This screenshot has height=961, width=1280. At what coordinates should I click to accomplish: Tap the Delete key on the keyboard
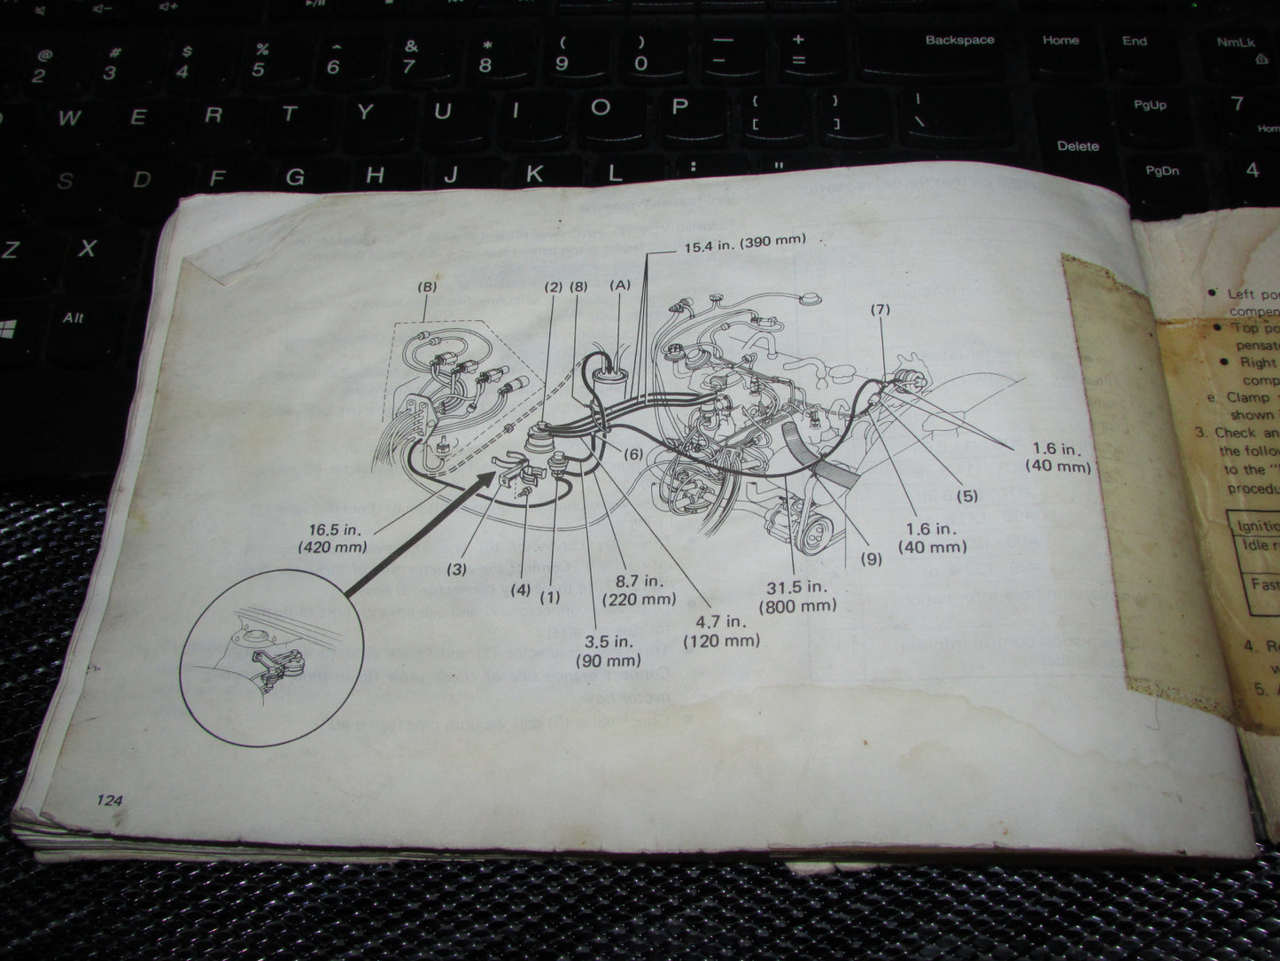click(1077, 145)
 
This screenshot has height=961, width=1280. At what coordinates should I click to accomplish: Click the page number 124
click(110, 800)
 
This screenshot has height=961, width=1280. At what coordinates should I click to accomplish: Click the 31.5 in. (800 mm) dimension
click(796, 597)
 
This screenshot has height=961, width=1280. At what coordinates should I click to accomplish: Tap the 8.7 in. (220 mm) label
click(639, 590)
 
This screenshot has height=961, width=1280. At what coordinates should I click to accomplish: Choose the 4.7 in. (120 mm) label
click(722, 630)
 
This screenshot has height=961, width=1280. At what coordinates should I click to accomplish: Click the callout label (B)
click(427, 287)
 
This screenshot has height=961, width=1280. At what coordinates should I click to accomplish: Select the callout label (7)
click(880, 309)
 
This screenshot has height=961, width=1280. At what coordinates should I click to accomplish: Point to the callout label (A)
click(619, 285)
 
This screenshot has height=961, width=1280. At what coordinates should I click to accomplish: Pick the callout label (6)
click(632, 454)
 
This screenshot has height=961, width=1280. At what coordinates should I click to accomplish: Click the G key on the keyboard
click(294, 177)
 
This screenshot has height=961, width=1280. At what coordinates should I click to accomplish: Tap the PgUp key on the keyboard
click(1150, 105)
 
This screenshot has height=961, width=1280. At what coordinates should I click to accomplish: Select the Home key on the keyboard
click(1060, 40)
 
